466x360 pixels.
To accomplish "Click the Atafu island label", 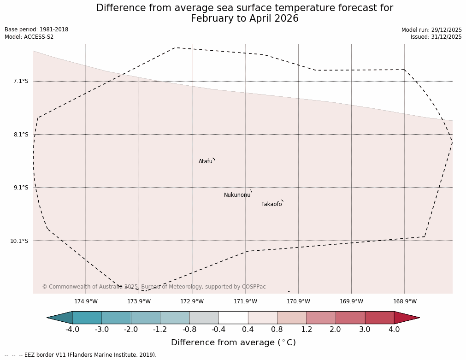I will click(206, 161).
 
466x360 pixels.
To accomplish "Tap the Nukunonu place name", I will click(237, 195).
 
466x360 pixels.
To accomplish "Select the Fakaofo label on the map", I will click(271, 204).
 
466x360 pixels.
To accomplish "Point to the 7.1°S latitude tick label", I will click(21, 81).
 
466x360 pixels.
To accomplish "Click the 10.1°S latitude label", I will click(19, 241).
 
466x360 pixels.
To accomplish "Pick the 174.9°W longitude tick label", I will click(86, 301).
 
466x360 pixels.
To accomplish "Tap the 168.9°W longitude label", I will click(405, 301).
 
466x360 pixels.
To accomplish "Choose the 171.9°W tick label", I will click(245, 301).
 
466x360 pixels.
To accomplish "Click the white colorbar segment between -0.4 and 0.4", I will click(233, 318).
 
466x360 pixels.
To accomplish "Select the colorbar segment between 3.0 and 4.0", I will click(379, 318).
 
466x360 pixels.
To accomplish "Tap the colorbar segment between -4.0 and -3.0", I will click(87, 318).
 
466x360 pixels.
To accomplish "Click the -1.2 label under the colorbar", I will click(160, 329).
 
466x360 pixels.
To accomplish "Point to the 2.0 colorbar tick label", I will click(335, 329).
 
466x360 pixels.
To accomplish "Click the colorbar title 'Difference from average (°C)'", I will click(233, 342).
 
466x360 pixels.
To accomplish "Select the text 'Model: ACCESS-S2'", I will click(29, 37).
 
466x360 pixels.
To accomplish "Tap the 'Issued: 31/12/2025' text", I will click(436, 37).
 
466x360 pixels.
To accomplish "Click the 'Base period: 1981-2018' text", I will click(36, 30).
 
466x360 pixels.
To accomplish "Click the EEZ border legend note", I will click(81, 355).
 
